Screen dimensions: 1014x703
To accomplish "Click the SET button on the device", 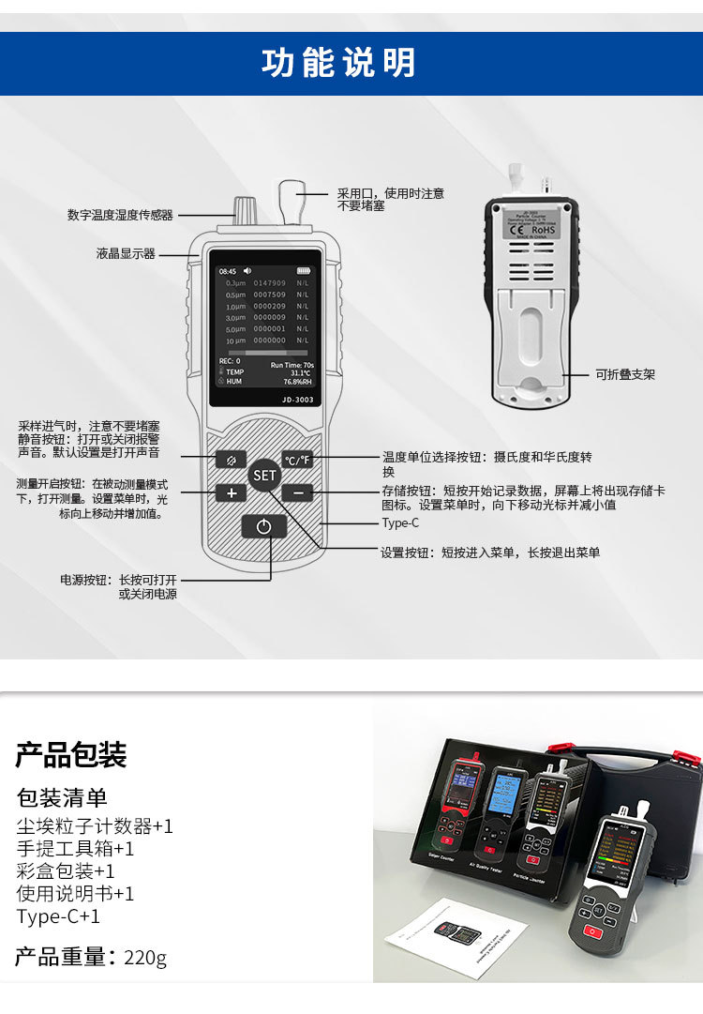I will coord(265,476).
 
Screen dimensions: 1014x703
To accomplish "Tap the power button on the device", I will coord(264,526).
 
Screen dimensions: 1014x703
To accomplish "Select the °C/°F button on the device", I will coord(297,460).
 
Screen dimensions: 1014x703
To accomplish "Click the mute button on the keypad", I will coord(231,460).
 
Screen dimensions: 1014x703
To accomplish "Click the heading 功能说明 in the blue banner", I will coord(338,63).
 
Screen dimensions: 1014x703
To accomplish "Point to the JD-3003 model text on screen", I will coord(297,399).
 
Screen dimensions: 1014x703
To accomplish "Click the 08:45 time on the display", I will coord(228,271).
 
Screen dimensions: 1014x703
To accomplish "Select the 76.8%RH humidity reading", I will coord(298,382).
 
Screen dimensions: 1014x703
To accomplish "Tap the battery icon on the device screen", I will coord(302,271).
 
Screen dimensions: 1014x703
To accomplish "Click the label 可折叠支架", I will coord(625,374).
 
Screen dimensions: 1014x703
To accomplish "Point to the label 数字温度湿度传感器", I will coord(120,215).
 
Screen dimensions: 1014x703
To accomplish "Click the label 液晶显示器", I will coord(125,254).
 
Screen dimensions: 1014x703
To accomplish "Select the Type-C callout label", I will coord(400,523).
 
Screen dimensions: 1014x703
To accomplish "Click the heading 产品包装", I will coord(71,754).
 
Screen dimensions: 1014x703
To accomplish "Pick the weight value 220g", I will coord(144,958).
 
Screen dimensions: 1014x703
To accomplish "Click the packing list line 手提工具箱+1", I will coord(75,849).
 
